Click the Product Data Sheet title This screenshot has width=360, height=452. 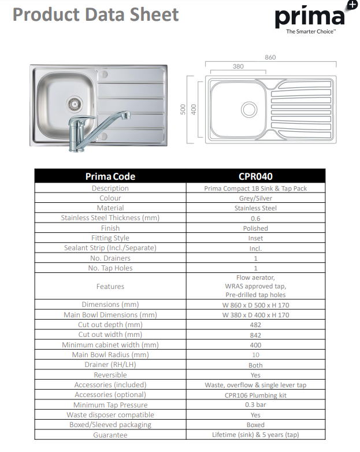[96, 14]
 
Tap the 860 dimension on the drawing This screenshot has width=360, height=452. [270, 57]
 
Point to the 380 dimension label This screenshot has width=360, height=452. [238, 66]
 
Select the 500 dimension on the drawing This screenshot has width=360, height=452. [183, 109]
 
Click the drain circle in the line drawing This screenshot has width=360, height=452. [249, 109]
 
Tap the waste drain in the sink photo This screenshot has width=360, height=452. [73, 104]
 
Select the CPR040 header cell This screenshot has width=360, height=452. [255, 176]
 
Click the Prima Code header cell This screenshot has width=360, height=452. [110, 176]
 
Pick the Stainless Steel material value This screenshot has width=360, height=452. [255, 208]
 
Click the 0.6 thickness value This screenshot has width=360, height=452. [255, 218]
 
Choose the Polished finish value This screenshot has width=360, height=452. [255, 228]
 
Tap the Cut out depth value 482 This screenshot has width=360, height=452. [255, 325]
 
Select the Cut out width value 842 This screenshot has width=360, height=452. [255, 335]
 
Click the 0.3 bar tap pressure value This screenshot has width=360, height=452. [255, 405]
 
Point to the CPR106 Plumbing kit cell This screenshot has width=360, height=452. [255, 395]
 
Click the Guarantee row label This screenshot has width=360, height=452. [110, 435]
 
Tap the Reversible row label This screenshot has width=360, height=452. [110, 375]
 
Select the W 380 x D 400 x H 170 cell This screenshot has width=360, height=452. [255, 315]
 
